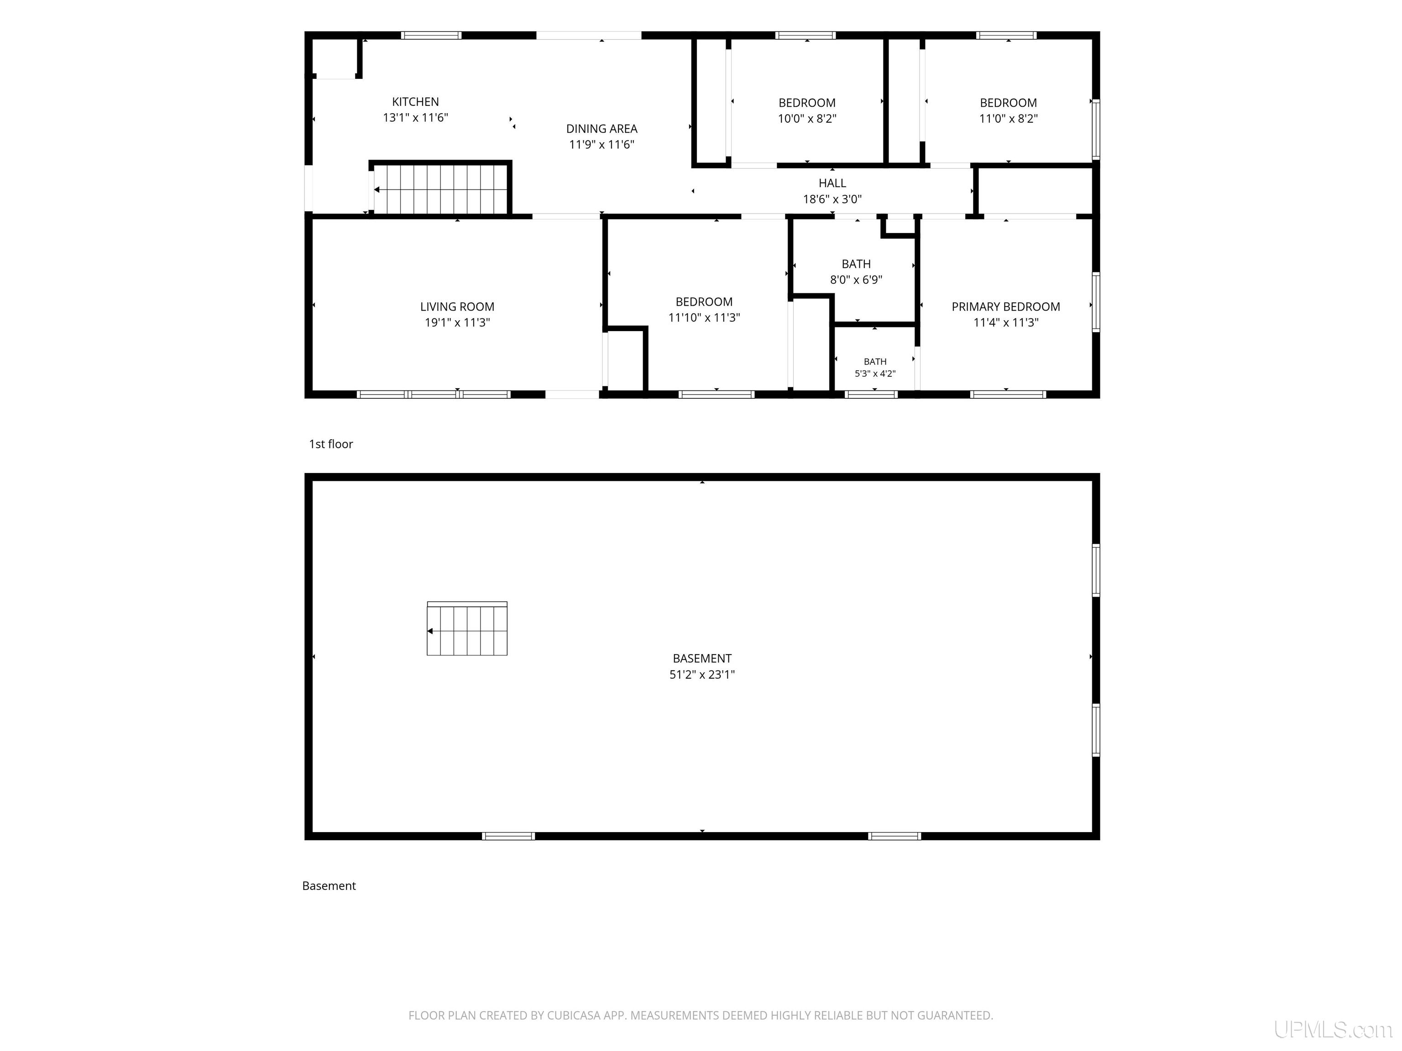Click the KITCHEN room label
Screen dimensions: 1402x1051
[415, 101]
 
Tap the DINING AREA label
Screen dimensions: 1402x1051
[602, 129]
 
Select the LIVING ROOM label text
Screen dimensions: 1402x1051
[457, 307]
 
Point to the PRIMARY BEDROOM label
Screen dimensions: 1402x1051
[1006, 307]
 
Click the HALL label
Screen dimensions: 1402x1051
[832, 183]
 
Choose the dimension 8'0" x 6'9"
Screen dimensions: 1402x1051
[856, 279]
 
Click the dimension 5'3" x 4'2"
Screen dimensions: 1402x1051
[875, 374]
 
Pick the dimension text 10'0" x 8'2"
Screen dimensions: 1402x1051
[807, 119]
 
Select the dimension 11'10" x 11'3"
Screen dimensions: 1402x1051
[704, 317]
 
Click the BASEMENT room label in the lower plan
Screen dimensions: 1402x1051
[702, 658]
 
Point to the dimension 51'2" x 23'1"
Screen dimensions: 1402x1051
[702, 675]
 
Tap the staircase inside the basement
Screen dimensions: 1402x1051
[467, 629]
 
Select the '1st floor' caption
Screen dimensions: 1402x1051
[331, 444]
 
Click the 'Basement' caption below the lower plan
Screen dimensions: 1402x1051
[329, 886]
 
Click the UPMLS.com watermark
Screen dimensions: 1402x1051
[1334, 1030]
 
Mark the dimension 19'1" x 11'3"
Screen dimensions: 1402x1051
[457, 323]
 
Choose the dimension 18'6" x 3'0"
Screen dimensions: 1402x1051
[832, 199]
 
